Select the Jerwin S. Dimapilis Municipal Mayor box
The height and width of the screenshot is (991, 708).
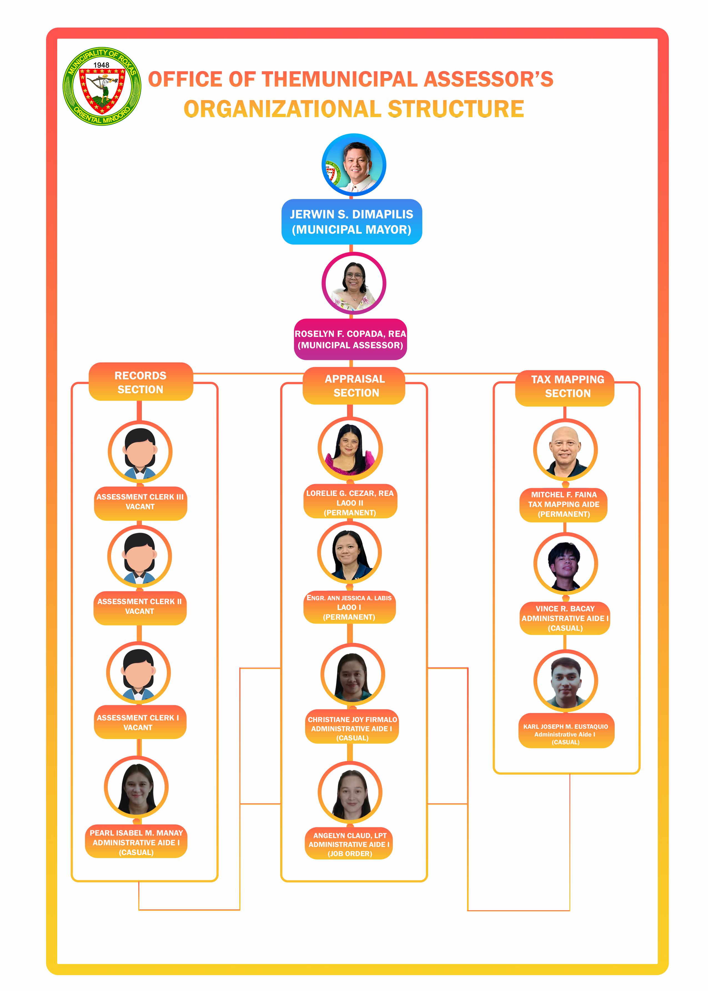click(352, 222)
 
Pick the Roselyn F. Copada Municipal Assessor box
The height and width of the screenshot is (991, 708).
click(350, 339)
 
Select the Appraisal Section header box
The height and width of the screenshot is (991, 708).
click(354, 386)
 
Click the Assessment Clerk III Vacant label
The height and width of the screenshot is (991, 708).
click(140, 502)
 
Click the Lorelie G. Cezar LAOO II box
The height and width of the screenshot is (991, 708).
click(350, 503)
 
